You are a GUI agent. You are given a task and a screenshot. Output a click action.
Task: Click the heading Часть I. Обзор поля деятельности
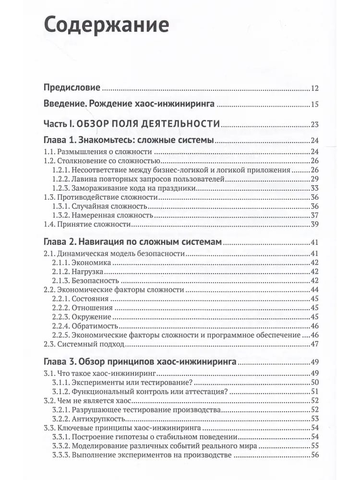click(x=132, y=124)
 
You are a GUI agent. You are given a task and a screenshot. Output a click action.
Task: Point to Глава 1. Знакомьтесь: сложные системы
click(x=129, y=141)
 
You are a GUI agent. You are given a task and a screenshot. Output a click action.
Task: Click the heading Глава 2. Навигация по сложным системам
click(x=132, y=242)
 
